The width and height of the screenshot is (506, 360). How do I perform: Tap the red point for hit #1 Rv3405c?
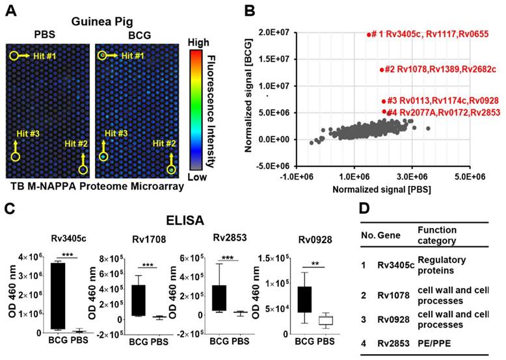[369, 35]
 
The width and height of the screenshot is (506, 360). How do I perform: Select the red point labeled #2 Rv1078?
[381, 70]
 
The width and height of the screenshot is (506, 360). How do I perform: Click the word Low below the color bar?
[198, 176]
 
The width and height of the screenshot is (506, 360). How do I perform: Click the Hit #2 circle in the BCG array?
[171, 170]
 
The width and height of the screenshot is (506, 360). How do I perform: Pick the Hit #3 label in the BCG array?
[116, 133]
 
